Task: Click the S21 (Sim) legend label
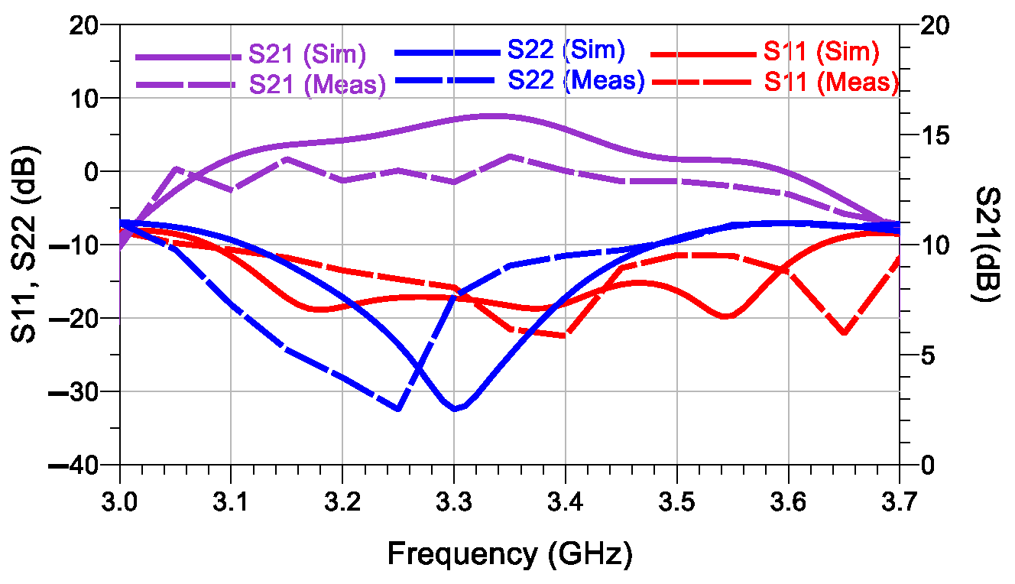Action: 308,55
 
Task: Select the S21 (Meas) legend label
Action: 317,86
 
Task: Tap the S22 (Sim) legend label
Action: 566,51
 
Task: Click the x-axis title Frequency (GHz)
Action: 510,553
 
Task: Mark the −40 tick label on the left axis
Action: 75,465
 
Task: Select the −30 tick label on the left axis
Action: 75,391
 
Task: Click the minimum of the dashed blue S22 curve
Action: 398,409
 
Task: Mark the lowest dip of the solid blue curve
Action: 456,409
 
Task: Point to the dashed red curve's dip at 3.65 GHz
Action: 845,333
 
